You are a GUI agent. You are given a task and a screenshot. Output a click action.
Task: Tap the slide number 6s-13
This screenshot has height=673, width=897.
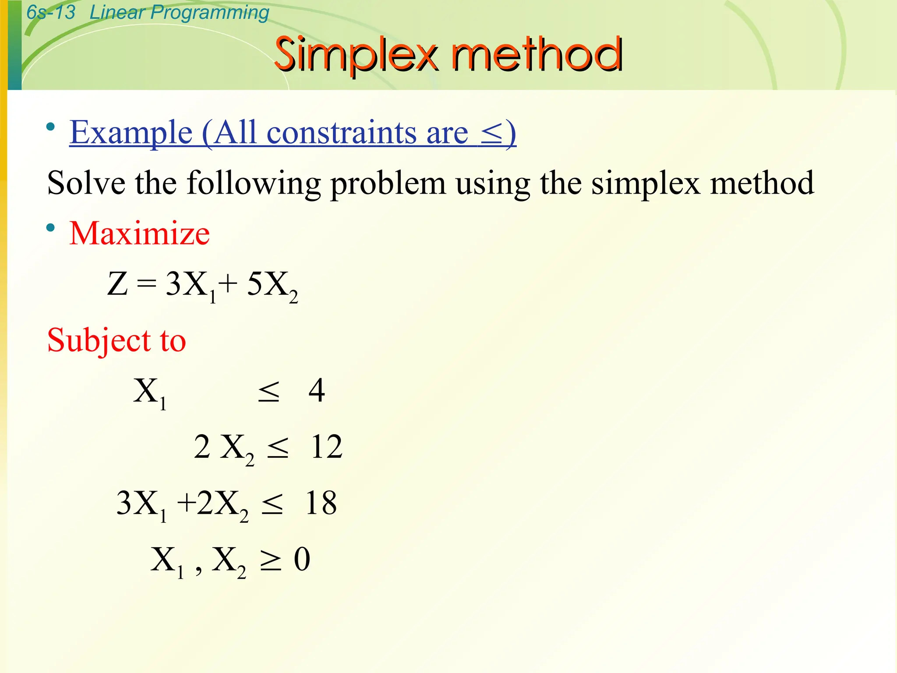(51, 12)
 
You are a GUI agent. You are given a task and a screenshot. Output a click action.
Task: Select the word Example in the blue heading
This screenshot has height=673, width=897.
(131, 132)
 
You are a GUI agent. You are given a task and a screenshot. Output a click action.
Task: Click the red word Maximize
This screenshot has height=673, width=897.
(139, 233)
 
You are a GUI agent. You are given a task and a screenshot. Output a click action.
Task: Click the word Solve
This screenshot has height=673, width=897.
(86, 183)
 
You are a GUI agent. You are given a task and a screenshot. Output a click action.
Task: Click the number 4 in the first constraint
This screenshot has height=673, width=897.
(317, 390)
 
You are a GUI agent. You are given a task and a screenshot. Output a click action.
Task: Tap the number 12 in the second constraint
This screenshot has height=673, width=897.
(326, 447)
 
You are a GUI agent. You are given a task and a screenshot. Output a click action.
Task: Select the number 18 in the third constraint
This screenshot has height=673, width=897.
(321, 503)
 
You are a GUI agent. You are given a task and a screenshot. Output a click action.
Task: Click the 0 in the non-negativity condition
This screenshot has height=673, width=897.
(302, 560)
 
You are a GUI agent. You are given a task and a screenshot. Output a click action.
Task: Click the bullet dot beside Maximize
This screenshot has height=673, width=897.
(51, 228)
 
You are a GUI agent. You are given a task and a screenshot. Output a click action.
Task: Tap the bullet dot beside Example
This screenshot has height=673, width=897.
(51, 127)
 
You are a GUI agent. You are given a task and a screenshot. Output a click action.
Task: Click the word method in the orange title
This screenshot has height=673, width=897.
(537, 55)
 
